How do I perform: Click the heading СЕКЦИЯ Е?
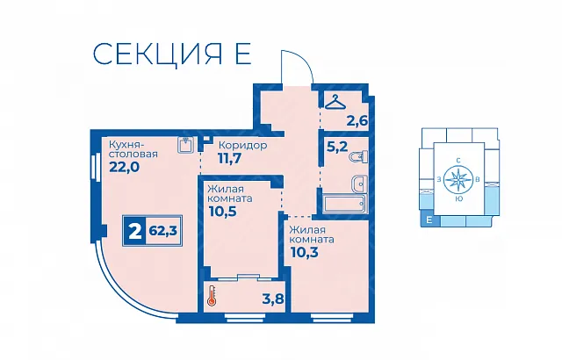172,54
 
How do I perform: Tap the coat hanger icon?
335,102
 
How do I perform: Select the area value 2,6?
357,120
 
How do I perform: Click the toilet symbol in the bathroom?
359,156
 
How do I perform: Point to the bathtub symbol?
344,204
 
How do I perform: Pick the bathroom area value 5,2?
337,146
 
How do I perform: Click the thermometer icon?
211,296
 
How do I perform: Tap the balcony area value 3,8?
273,299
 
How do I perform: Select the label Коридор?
242,146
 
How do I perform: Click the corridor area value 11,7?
230,158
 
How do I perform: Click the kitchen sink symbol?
185,145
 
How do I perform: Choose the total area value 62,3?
163,231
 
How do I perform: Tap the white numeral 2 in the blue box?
134,232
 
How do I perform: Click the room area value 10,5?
222,212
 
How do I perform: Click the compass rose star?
458,179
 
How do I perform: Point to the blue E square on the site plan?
429,220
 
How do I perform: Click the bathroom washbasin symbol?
358,184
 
